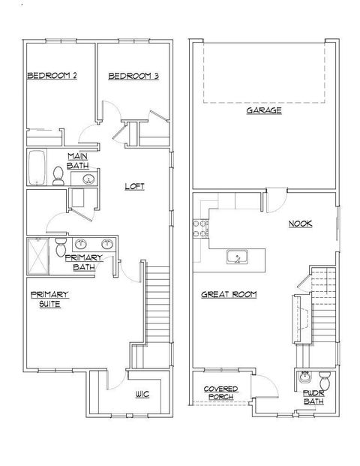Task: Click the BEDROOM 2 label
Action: [x=53, y=76]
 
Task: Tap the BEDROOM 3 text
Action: [x=133, y=76]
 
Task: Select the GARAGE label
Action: [x=264, y=110]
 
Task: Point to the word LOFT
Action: [x=134, y=186]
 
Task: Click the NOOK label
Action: [x=300, y=224]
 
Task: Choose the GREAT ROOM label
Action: [x=229, y=295]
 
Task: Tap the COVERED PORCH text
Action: [x=221, y=392]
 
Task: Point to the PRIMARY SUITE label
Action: [x=49, y=299]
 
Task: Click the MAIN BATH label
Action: [x=78, y=161]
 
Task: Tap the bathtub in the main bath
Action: [x=37, y=167]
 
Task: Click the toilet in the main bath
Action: [x=58, y=175]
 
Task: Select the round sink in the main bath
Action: [x=88, y=179]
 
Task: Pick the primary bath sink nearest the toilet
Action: [x=79, y=244]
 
